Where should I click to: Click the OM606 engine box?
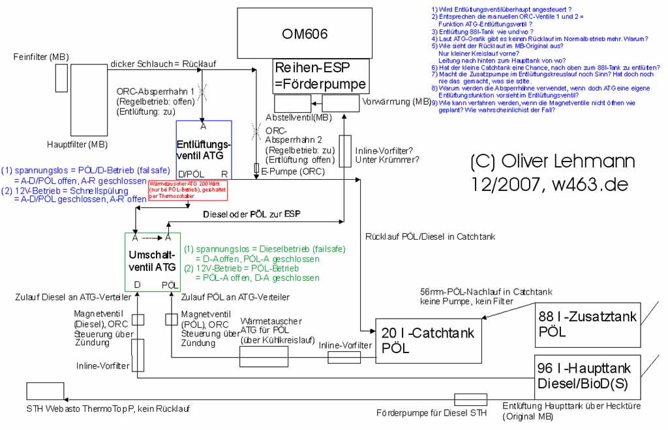(x=305, y=33)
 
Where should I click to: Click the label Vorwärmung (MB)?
(x=396, y=102)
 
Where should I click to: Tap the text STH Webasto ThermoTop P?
(x=108, y=409)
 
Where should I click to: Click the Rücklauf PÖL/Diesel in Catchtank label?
(x=431, y=236)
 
